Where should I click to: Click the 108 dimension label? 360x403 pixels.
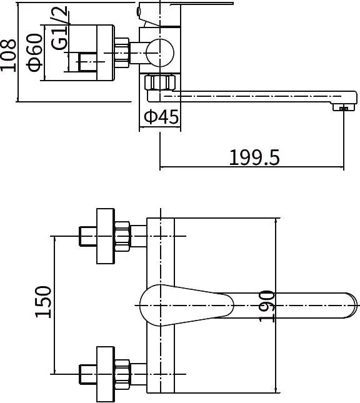click(8, 55)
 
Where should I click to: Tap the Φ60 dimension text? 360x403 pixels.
click(34, 52)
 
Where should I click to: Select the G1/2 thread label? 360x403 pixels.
click(59, 28)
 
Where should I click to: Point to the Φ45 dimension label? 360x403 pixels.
click(161, 117)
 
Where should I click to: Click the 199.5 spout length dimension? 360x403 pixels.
click(254, 157)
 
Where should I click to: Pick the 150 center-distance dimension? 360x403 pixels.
click(44, 302)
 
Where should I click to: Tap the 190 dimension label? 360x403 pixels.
click(266, 306)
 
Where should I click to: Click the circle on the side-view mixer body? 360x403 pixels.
click(160, 53)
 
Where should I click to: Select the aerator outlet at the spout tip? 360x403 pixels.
click(343, 107)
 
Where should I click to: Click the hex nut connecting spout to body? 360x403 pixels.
click(160, 82)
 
